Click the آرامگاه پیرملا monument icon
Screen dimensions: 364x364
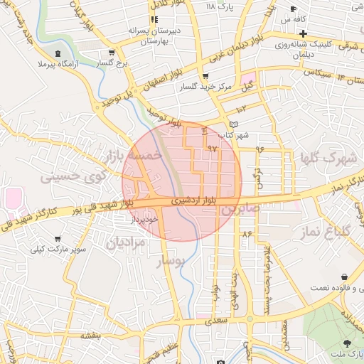tap(58, 54)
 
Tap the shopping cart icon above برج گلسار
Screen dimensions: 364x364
tap(112, 52)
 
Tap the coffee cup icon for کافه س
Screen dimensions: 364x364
tap(294, 9)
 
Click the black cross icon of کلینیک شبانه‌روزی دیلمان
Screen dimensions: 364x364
tap(303, 33)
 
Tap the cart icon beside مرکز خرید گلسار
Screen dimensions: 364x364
tap(205, 75)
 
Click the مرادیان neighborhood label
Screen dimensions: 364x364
tap(126, 243)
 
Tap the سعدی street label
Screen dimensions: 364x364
tap(218, 321)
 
